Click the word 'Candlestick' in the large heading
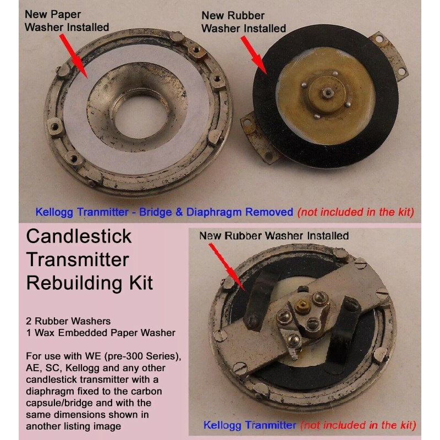coord(79,237)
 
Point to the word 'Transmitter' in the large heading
coord(77,260)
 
